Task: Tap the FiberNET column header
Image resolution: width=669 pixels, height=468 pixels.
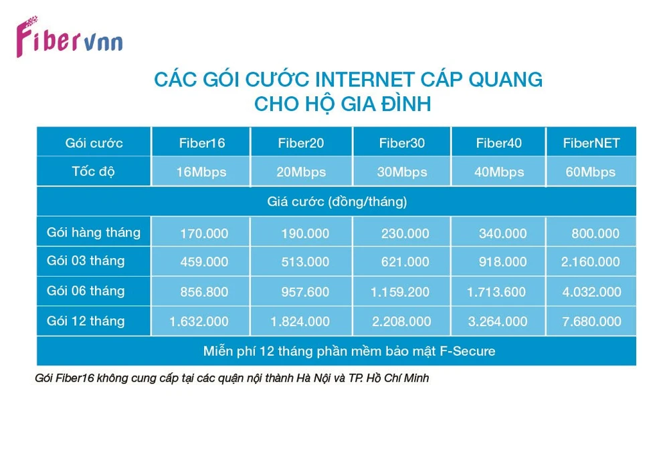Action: point(591,143)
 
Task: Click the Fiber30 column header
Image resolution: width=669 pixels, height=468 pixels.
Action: point(402,143)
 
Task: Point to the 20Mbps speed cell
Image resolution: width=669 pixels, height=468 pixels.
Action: point(301,172)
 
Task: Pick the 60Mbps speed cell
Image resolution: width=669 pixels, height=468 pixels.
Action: point(591,172)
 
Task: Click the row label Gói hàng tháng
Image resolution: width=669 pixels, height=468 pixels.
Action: point(94,233)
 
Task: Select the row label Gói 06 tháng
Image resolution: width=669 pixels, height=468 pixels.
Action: point(86,291)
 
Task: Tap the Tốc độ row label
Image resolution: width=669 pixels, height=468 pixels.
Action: point(93,171)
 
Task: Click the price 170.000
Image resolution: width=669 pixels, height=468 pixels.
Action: point(204,233)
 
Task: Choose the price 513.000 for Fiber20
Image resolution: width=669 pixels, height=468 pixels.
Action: point(305,261)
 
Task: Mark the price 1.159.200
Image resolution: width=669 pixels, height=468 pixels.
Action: point(400,292)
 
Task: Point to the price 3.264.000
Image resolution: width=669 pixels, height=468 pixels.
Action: point(498,322)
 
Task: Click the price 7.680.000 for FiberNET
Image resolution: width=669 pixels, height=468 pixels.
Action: point(591,322)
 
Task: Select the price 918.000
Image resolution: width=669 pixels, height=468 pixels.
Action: point(502,261)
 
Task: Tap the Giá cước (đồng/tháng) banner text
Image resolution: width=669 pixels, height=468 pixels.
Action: point(337,202)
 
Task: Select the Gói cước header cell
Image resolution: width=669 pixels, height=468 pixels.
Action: point(94,143)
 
